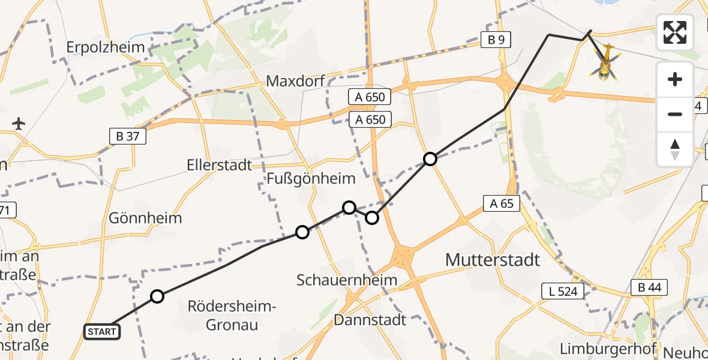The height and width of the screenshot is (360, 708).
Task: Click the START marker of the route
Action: (102, 331)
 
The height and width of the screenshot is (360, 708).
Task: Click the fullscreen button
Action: (675, 32)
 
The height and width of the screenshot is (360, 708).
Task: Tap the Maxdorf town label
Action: (295, 80)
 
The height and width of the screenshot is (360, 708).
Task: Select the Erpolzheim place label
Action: (106, 47)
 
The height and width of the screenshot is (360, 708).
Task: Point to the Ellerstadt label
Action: (219, 164)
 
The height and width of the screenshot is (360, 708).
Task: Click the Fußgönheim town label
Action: (311, 178)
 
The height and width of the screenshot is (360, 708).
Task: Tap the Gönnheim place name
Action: (145, 217)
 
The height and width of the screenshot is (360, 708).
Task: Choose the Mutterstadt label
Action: (493, 260)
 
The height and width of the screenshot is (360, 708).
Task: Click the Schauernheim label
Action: (347, 280)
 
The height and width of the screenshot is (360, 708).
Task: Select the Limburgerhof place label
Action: (607, 349)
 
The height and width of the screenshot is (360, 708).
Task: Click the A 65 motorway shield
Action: (500, 203)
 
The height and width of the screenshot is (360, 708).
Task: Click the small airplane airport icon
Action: (19, 124)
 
